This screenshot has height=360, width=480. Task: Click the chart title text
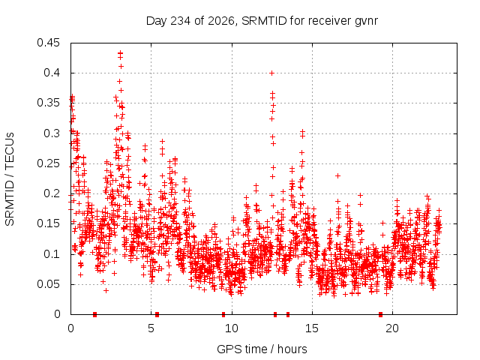[x=262, y=21]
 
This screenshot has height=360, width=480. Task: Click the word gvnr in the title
[x=367, y=22]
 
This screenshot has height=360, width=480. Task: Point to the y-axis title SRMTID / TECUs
[x=10, y=179]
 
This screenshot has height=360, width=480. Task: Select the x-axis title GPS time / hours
[x=262, y=349]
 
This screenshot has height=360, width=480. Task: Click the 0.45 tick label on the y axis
[x=48, y=43]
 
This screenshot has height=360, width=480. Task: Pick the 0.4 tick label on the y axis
[x=52, y=73]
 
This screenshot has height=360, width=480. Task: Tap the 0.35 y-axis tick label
[x=48, y=103]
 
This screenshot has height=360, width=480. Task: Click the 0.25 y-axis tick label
[x=48, y=163]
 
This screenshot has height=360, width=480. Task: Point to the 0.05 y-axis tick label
[x=48, y=284]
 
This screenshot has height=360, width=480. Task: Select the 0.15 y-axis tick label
[x=48, y=223]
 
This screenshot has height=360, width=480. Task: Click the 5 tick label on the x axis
[x=151, y=328]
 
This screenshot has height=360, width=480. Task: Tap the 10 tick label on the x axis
[x=232, y=328]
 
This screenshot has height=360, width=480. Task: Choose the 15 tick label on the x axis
[x=312, y=328]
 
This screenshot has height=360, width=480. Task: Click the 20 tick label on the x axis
[x=392, y=328]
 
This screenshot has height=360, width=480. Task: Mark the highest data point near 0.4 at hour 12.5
[x=271, y=73]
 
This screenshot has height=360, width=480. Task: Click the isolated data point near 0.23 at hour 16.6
[x=337, y=176]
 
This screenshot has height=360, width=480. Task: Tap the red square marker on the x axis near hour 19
[x=380, y=314]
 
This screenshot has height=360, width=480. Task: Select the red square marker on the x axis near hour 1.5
[x=95, y=314]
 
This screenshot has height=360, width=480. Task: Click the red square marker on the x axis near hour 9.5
[x=223, y=314]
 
